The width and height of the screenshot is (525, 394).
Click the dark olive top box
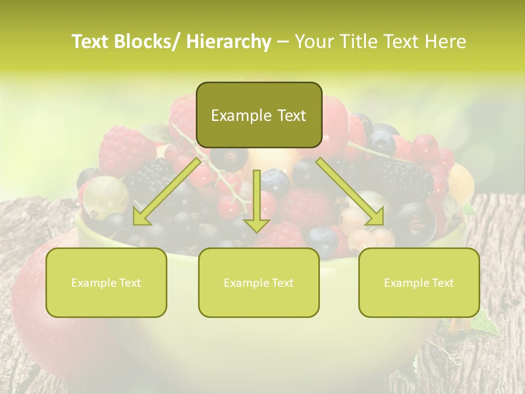pyautogui.click(x=259, y=115)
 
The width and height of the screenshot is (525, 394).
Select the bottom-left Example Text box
pyautogui.click(x=106, y=282)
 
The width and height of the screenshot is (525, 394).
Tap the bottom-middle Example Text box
pyautogui.click(x=259, y=282)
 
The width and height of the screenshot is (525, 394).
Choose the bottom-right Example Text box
pyautogui.click(x=419, y=282)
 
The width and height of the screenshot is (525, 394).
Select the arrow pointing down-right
pyautogui.click(x=350, y=191)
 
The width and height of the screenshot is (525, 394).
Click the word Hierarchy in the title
pyautogui.click(x=229, y=42)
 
